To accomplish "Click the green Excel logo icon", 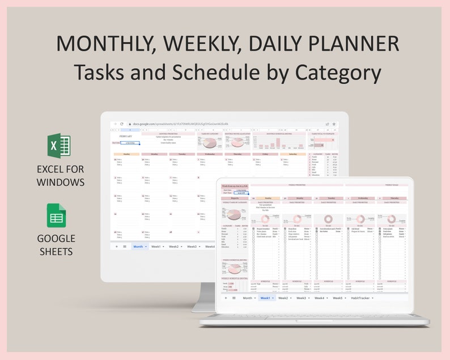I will click(x=59, y=146).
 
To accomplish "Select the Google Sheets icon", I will click(x=56, y=216).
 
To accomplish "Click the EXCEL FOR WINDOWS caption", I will click(x=61, y=175).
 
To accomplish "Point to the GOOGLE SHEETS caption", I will click(x=56, y=245).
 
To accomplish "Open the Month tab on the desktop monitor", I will click(x=138, y=247).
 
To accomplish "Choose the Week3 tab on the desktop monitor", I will click(x=192, y=247).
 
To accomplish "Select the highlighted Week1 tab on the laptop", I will click(x=265, y=298).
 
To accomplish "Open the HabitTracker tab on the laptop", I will click(x=361, y=298).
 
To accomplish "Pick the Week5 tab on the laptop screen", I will click(x=338, y=298).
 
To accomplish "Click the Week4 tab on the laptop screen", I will click(x=320, y=298).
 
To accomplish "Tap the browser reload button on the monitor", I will click(x=121, y=124).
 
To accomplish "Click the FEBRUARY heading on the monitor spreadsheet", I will click(x=126, y=137).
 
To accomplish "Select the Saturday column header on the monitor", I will click(x=292, y=154).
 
